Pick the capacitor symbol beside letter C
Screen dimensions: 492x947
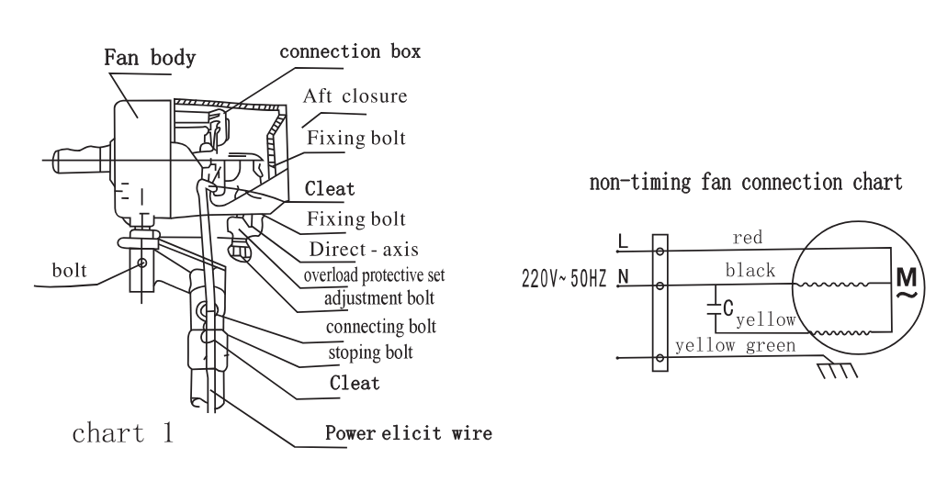point(714,308)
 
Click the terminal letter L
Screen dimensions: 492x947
point(624,242)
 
